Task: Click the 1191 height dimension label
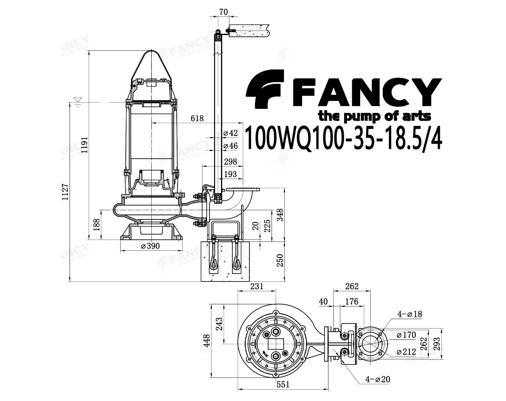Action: pos(84,145)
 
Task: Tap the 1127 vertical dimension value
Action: pos(65,192)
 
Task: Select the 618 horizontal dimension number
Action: pos(197,118)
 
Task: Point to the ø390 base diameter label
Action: pos(150,246)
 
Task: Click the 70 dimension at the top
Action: pos(223,12)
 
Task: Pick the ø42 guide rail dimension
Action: pos(230,133)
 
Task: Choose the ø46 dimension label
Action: pos(230,146)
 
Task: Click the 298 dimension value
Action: pos(230,162)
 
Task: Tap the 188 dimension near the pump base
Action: pos(97,225)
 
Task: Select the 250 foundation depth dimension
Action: pos(280,260)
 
